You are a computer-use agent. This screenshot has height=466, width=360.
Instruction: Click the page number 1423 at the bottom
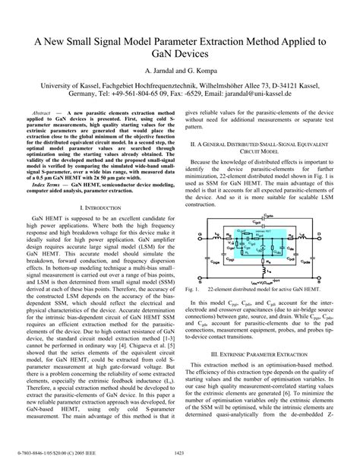(x=180, y=454)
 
